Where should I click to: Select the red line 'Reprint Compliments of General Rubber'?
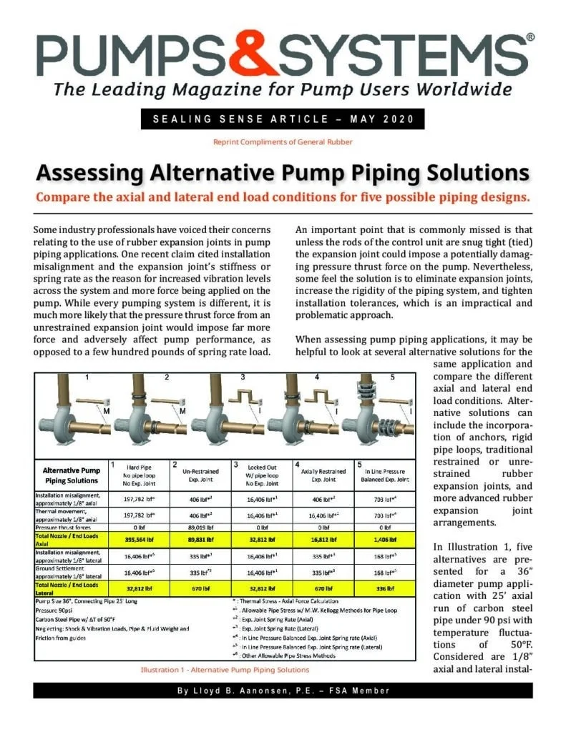click(x=283, y=142)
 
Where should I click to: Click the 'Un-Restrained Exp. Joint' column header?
click(x=192, y=475)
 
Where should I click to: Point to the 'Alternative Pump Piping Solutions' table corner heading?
click(x=71, y=475)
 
